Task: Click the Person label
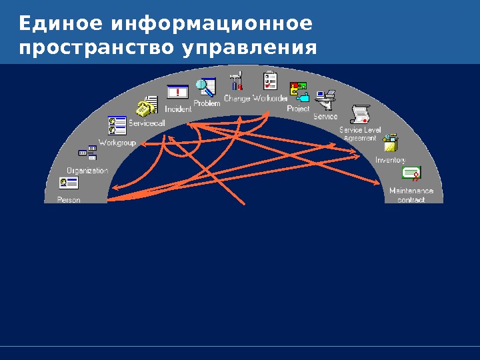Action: (x=69, y=199)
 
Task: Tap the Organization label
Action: (x=87, y=171)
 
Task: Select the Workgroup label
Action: (x=117, y=143)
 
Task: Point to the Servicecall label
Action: (x=147, y=123)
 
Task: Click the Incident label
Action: (x=178, y=109)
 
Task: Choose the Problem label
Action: (x=207, y=103)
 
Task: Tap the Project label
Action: (x=298, y=108)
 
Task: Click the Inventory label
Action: (x=390, y=160)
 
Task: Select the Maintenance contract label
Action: (x=411, y=195)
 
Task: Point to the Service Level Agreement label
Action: (x=360, y=133)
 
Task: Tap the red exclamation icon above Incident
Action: (x=177, y=93)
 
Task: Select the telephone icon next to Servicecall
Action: (x=145, y=107)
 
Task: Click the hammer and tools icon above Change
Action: (x=236, y=81)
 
